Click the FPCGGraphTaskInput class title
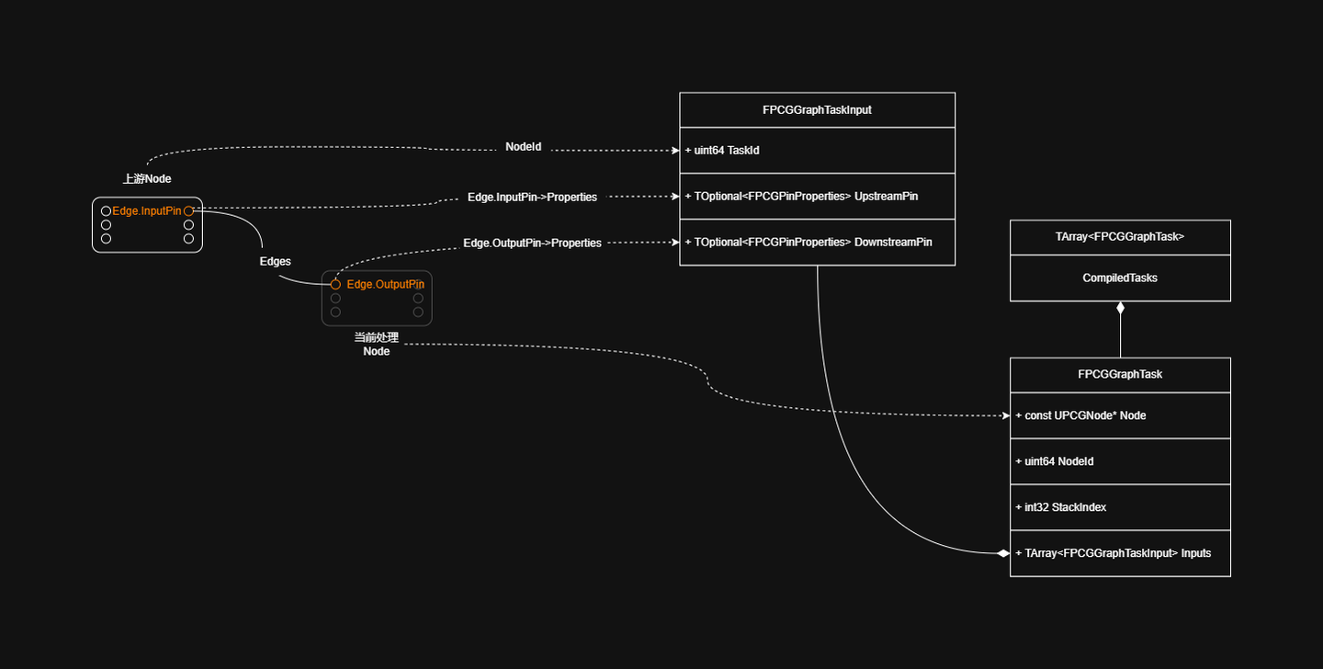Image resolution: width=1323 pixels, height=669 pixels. click(817, 110)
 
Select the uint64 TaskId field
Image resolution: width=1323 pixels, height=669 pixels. click(722, 151)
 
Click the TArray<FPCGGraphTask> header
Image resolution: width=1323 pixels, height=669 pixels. click(1120, 237)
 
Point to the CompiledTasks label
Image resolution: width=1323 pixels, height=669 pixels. click(1120, 278)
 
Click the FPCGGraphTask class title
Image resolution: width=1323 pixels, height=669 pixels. click(1120, 374)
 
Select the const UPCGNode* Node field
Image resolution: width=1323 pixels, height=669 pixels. click(1080, 415)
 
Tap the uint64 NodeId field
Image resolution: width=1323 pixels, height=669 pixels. click(1055, 461)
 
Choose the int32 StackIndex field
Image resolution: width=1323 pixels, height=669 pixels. click(1061, 507)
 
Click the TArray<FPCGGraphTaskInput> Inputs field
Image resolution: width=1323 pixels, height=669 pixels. click(1114, 553)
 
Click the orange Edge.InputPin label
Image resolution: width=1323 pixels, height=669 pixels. click(146, 211)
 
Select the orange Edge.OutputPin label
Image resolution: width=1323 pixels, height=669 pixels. click(385, 284)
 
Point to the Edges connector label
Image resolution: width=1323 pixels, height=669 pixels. click(276, 261)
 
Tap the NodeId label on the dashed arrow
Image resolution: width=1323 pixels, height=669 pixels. click(524, 146)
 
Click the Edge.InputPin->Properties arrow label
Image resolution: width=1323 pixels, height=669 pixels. click(532, 197)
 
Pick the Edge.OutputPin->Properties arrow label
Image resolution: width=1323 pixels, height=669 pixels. click(532, 243)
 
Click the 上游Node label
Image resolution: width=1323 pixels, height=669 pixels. click(147, 178)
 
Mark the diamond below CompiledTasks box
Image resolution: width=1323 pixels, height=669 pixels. click(1121, 308)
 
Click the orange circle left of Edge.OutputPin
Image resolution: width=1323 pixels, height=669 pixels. click(335, 285)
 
